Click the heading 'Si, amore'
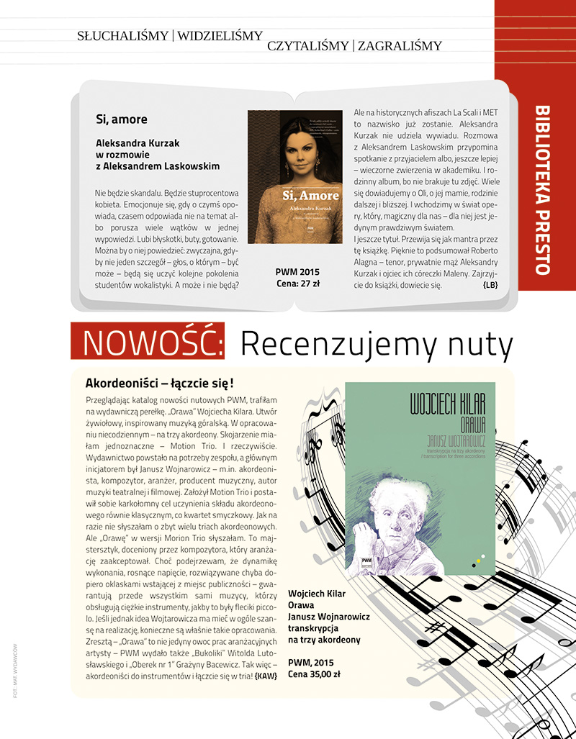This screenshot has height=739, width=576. click(121, 119)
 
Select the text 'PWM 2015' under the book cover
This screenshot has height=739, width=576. click(296, 272)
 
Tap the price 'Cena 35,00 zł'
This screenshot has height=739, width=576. click(315, 674)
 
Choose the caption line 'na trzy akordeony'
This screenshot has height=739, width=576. click(324, 639)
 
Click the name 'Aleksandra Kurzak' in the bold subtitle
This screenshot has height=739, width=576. click(137, 142)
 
